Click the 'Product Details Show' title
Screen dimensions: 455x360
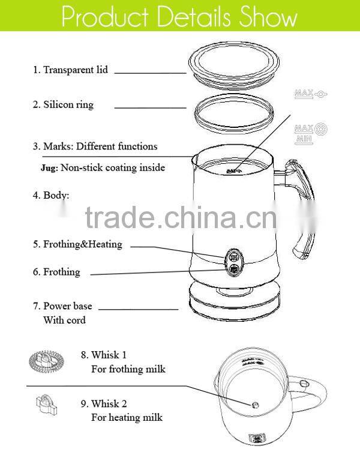(x=179, y=17)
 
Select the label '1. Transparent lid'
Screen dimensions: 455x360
(x=70, y=70)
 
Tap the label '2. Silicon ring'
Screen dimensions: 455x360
(x=63, y=104)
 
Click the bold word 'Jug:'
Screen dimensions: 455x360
(x=49, y=168)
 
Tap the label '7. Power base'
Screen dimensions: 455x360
(x=62, y=306)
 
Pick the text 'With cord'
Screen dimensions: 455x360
(x=64, y=320)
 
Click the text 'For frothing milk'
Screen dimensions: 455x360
(x=128, y=369)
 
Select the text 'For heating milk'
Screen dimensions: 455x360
(x=126, y=417)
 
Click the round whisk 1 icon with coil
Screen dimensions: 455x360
(x=46, y=361)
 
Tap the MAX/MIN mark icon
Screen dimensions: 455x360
(x=311, y=132)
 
